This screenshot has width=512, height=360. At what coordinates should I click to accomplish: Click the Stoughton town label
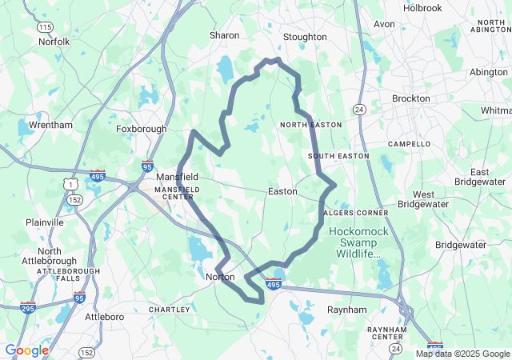point(305,37)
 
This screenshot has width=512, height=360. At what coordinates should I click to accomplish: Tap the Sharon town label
point(225,35)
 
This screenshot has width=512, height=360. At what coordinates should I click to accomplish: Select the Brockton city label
point(410,98)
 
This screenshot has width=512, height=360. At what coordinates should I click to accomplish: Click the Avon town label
point(385,24)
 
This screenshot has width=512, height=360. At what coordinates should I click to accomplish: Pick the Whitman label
point(497,110)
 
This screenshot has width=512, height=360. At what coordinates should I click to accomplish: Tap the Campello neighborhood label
point(409,144)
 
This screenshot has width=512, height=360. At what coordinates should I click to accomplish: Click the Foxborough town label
point(142,128)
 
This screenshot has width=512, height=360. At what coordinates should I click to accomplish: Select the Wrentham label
point(50,125)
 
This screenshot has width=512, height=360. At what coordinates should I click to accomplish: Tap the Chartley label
point(170,310)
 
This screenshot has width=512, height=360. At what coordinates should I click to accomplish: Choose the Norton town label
point(220,277)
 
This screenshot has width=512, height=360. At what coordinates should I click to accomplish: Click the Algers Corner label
point(356,213)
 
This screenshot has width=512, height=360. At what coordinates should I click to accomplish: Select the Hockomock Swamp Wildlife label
point(357,242)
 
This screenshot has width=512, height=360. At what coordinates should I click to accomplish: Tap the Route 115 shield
point(46,27)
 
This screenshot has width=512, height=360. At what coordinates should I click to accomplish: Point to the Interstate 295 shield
point(28,307)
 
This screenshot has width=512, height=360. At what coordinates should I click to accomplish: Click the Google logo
point(26,350)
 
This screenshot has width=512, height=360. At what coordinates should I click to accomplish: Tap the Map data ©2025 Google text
point(462,354)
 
